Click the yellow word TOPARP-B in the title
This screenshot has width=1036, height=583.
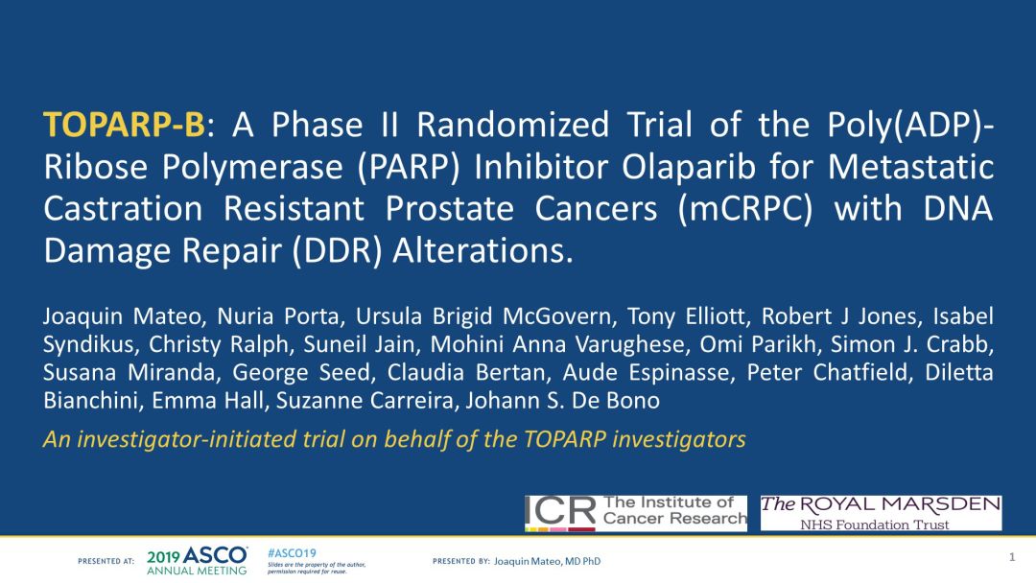[x=124, y=125]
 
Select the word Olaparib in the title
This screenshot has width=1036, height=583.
[x=688, y=167]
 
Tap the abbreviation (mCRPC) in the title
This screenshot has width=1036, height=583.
[x=745, y=209]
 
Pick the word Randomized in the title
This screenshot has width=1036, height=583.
[x=512, y=125]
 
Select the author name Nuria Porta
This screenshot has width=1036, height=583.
[x=278, y=316]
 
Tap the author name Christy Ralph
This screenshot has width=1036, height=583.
[x=219, y=344]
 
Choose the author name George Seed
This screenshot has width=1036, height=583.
[x=301, y=372]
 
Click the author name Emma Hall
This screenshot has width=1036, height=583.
[x=208, y=401]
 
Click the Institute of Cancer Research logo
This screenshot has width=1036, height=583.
[x=636, y=513]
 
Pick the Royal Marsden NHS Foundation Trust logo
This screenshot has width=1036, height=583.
[x=881, y=513]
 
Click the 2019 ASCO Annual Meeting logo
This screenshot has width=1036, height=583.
[x=197, y=561]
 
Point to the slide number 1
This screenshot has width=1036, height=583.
[x=1012, y=557]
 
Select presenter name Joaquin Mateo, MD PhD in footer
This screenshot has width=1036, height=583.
[x=547, y=561]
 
